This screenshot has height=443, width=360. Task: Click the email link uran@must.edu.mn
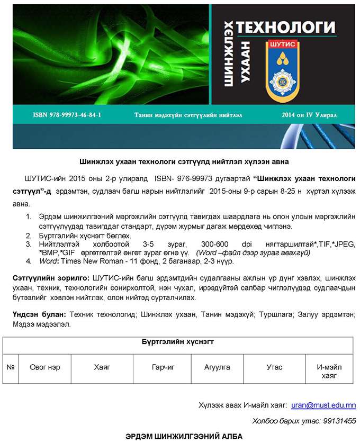tap(323, 405)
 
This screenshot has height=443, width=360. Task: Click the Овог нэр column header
tap(44, 367)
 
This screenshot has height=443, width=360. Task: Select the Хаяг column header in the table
tap(102, 367)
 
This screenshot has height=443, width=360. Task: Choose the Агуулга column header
tap(217, 367)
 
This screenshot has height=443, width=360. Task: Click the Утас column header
tap(274, 367)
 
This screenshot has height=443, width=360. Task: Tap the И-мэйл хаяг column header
tap(329, 372)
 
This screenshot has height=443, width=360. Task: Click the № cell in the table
tap(10, 367)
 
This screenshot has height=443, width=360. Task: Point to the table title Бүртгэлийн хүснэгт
tap(178, 342)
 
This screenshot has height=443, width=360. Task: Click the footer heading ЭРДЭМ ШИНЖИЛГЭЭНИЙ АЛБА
tap(184, 436)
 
